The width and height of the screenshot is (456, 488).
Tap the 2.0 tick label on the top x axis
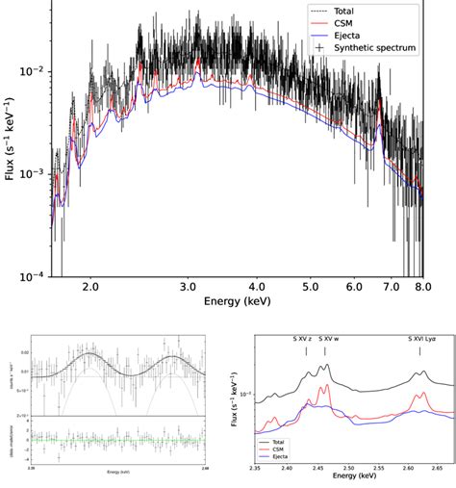91,287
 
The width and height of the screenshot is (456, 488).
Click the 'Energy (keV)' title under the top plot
242,302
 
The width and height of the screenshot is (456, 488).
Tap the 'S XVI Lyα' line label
420,339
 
